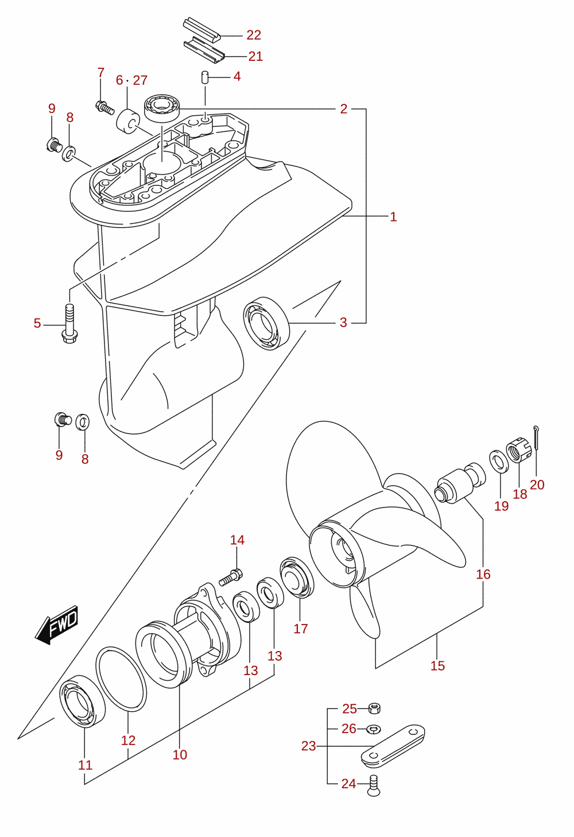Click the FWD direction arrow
[57, 625]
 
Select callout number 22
[254, 35]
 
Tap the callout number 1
[393, 217]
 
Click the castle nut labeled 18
[519, 452]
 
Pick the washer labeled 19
[499, 462]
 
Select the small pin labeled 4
[204, 77]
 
